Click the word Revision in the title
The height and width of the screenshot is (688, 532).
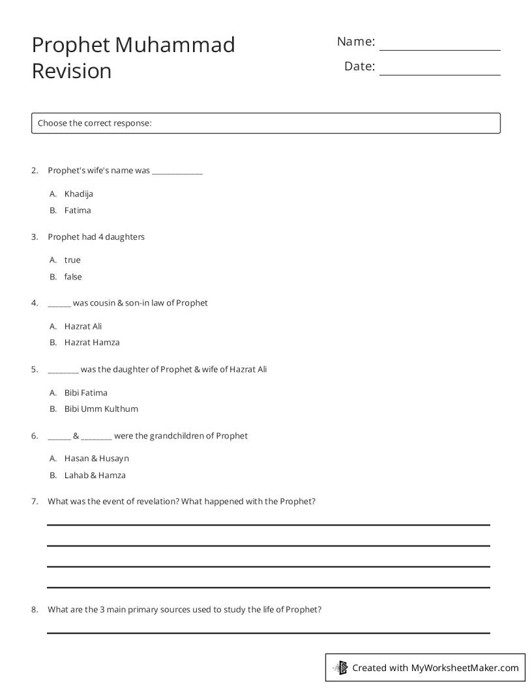(72, 70)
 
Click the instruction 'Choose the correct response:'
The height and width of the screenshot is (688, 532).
(95, 123)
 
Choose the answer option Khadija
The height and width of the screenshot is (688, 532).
(79, 193)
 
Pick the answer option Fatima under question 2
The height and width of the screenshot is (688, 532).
(78, 210)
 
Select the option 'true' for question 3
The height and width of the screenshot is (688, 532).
(72, 260)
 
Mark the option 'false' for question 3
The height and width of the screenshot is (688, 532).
(73, 277)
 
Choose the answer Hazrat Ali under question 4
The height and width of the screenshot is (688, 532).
(83, 326)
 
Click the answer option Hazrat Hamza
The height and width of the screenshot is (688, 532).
(92, 343)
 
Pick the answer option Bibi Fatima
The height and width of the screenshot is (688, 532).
(86, 393)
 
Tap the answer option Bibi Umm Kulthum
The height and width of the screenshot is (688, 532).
(101, 409)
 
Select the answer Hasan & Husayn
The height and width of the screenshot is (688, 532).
(96, 459)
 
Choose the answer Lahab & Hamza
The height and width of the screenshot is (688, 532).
(95, 476)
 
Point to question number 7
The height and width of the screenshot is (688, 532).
(35, 502)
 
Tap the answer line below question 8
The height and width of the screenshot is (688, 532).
(268, 632)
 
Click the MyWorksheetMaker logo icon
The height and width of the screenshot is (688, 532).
(340, 667)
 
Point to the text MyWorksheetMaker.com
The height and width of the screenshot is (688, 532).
(465, 667)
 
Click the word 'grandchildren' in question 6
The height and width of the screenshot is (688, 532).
(177, 436)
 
